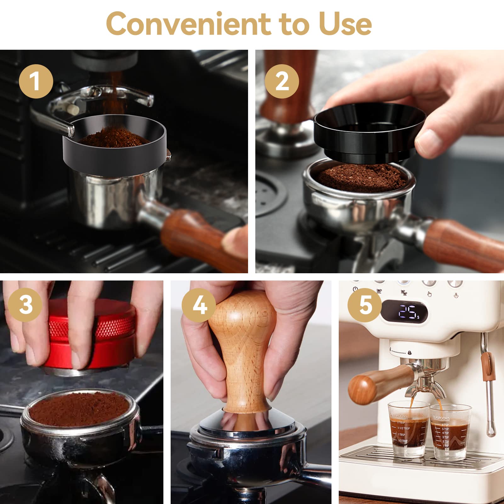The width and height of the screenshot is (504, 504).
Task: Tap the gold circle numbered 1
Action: pyautogui.click(x=36, y=82)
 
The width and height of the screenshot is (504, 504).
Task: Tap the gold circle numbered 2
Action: pyautogui.click(x=281, y=82)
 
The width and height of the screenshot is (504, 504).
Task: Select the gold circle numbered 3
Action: pyautogui.click(x=25, y=304)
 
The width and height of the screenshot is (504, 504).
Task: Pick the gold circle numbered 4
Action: pyautogui.click(x=199, y=305)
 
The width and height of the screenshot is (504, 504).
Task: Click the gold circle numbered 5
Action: pyautogui.click(x=365, y=305)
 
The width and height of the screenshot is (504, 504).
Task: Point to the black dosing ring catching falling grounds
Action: pyautogui.click(x=115, y=154)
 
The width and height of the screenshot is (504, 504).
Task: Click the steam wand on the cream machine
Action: pyautogui.click(x=488, y=394)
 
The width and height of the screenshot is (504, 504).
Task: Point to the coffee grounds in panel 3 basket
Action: pyautogui.click(x=79, y=409)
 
